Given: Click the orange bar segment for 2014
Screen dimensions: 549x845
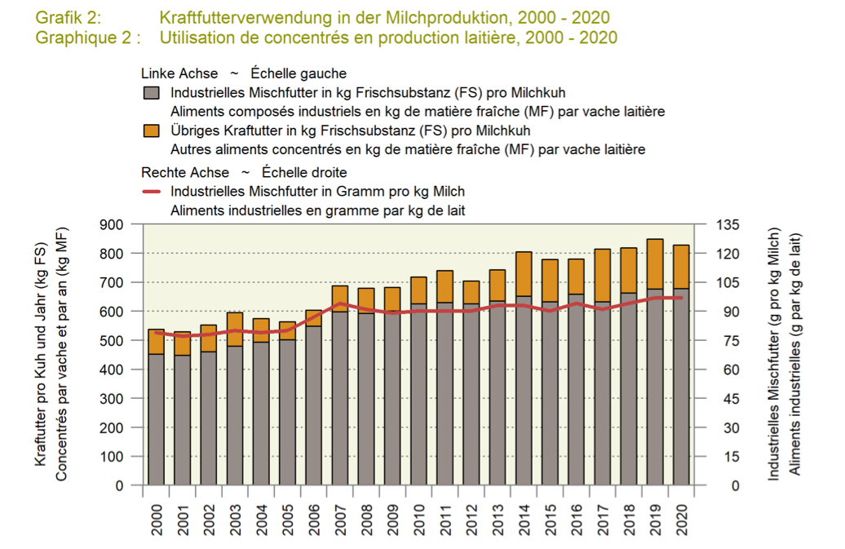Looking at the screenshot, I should (x=524, y=274).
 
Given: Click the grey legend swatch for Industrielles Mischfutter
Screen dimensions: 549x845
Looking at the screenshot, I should (x=150, y=92).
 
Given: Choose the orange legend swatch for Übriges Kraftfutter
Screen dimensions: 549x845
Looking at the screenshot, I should (x=150, y=131).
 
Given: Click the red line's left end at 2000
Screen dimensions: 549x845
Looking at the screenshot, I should (x=156, y=332).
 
